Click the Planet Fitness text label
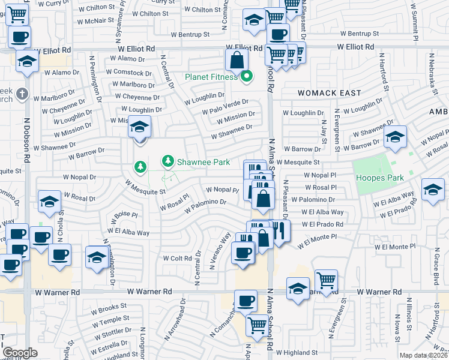[x=211, y=77]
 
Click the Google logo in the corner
[x=20, y=353]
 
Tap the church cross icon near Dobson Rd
[x=22, y=94]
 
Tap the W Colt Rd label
[x=176, y=258]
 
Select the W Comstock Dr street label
[x=124, y=72]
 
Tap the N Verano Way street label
[x=220, y=250]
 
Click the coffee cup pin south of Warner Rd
[x=245, y=301]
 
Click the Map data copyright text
[x=423, y=355]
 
